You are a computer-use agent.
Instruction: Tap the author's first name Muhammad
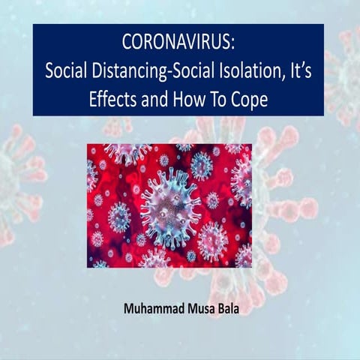click(151, 307)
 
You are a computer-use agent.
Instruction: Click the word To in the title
click(220, 98)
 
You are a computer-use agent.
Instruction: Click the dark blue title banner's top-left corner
click(33, 24)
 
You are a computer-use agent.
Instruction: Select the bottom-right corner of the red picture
click(250, 267)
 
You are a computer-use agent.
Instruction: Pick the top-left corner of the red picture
click(87, 143)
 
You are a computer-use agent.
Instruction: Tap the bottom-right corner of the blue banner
click(324, 115)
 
